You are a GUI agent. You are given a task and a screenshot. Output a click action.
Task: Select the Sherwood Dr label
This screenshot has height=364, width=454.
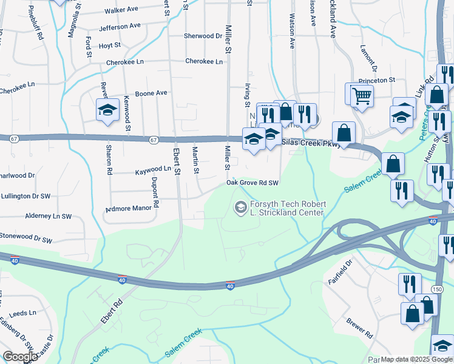click(203, 36)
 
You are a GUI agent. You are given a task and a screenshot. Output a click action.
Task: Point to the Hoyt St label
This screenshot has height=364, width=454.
click(110, 45)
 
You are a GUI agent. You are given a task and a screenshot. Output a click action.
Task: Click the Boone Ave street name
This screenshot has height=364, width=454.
click(151, 93)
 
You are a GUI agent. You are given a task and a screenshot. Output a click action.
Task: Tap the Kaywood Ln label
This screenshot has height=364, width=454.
click(153, 169)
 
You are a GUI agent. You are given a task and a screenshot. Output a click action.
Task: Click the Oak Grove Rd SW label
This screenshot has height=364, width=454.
click(252, 183)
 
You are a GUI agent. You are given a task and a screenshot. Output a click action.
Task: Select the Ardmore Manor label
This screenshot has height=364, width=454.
click(128, 208)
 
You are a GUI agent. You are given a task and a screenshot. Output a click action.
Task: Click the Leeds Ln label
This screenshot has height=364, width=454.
click(24, 313)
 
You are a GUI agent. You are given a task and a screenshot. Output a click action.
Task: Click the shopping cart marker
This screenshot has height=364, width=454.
click(361, 95)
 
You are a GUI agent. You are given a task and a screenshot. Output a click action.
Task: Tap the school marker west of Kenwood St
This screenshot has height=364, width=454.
click(107, 110)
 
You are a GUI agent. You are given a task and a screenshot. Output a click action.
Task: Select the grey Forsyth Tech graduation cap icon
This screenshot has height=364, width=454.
click(240, 208)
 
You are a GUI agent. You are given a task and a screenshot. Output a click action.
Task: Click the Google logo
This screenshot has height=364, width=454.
click(20, 357)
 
